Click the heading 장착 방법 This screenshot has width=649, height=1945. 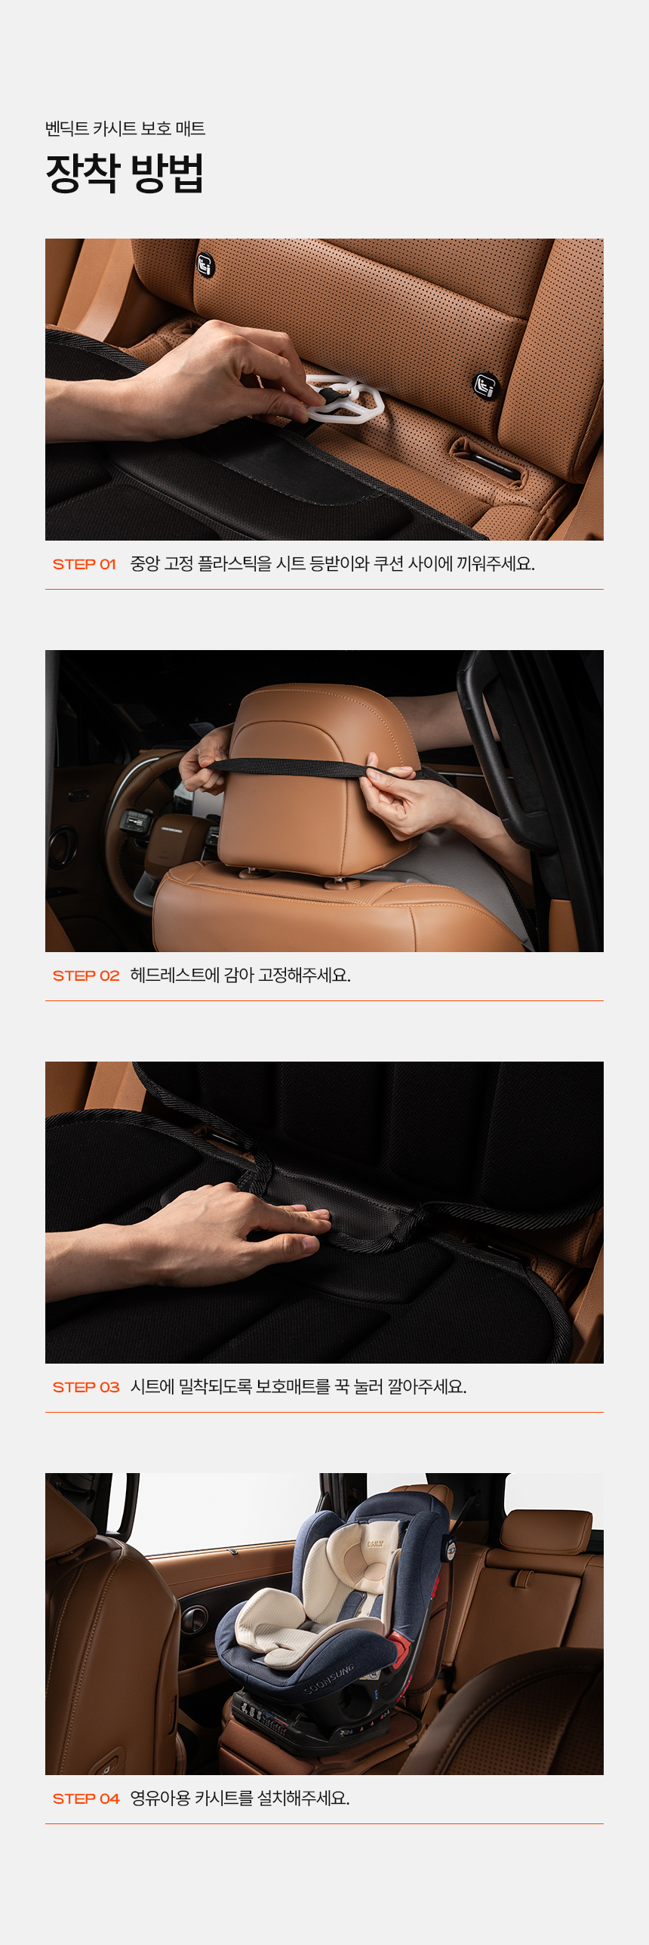125,173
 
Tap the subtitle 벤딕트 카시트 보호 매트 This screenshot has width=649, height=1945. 125,128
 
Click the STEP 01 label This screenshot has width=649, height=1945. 84,564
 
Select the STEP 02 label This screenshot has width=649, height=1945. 86,976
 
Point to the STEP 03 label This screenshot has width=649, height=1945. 86,1387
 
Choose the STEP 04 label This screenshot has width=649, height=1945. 86,1799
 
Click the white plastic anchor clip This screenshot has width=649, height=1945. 343,397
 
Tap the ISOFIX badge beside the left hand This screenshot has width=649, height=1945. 205,265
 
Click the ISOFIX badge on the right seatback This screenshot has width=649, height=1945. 486,386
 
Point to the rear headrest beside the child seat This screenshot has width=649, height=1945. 548,1529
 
